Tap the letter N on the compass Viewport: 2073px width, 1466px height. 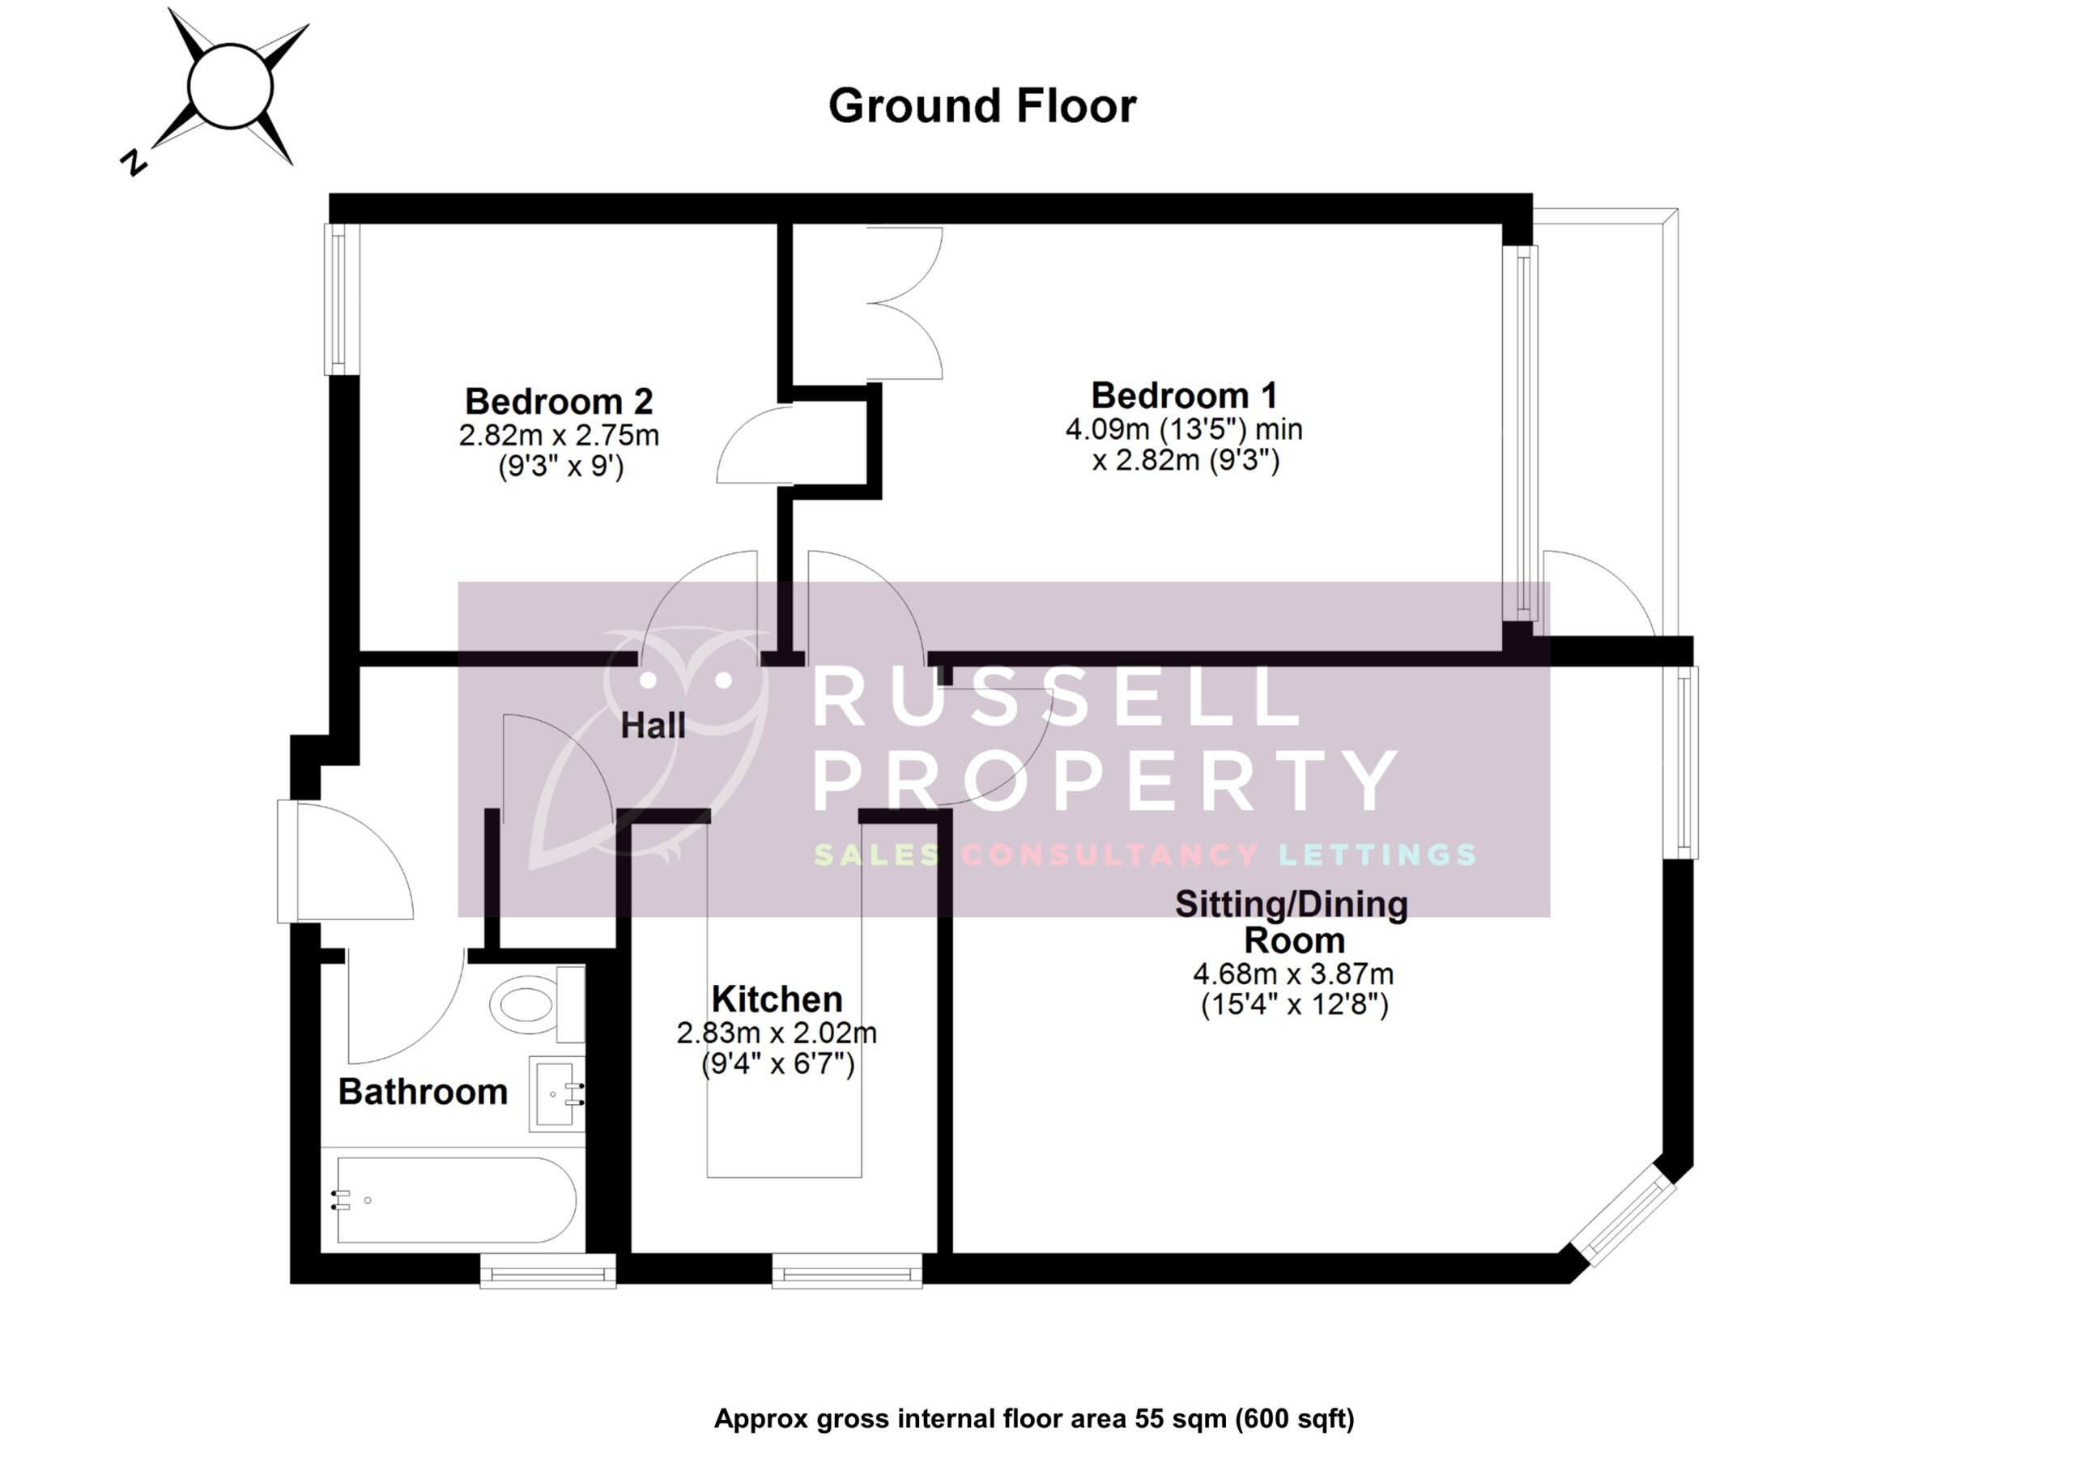click(x=134, y=162)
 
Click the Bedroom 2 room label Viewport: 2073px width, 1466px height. click(x=558, y=401)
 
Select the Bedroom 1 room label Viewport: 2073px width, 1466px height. click(x=1184, y=395)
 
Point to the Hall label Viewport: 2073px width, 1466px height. click(x=653, y=726)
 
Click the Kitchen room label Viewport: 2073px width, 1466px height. click(x=777, y=999)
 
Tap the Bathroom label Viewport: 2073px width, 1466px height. click(x=423, y=1092)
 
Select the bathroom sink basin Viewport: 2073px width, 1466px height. click(x=556, y=1094)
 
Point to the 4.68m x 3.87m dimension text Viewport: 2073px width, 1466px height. click(x=1293, y=974)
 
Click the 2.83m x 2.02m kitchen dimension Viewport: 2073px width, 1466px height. click(x=777, y=1033)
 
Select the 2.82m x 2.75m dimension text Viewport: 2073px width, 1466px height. click(x=558, y=436)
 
